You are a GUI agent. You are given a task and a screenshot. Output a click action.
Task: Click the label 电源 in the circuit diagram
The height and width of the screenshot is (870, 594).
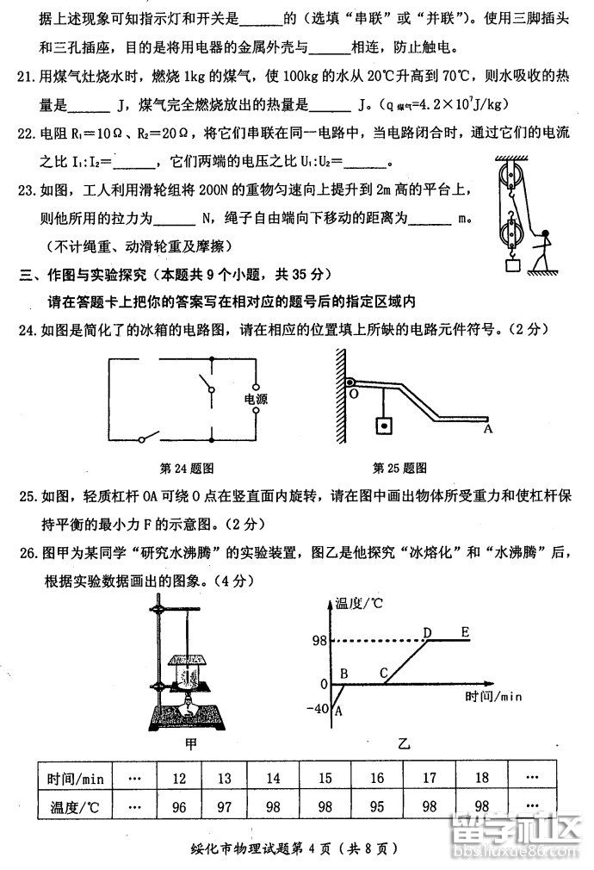[256, 400]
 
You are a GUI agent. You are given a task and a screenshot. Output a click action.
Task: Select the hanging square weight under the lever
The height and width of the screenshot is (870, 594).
[381, 426]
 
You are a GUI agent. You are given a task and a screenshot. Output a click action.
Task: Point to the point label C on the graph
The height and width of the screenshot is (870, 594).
[384, 673]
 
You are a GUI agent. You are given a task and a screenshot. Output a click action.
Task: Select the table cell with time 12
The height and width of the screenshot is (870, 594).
[179, 779]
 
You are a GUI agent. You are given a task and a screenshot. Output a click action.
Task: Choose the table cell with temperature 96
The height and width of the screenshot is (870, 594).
[179, 811]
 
